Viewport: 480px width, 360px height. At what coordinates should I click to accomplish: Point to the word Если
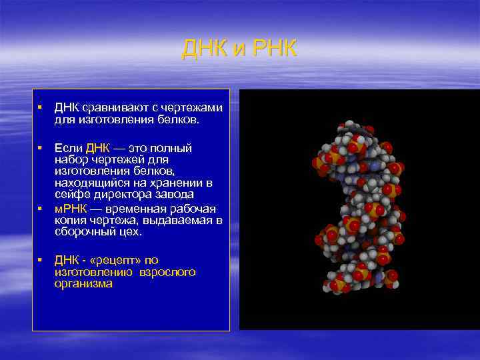68,147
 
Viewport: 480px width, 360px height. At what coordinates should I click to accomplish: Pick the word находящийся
89,182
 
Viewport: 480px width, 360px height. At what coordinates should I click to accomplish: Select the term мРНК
70,209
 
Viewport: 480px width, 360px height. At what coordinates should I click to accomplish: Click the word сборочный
85,232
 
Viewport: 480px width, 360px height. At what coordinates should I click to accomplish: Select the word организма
83,283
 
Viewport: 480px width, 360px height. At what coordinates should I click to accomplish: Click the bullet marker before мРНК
41,209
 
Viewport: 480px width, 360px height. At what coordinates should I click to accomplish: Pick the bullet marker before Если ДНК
41,147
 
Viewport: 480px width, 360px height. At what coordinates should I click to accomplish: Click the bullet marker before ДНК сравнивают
41,107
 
